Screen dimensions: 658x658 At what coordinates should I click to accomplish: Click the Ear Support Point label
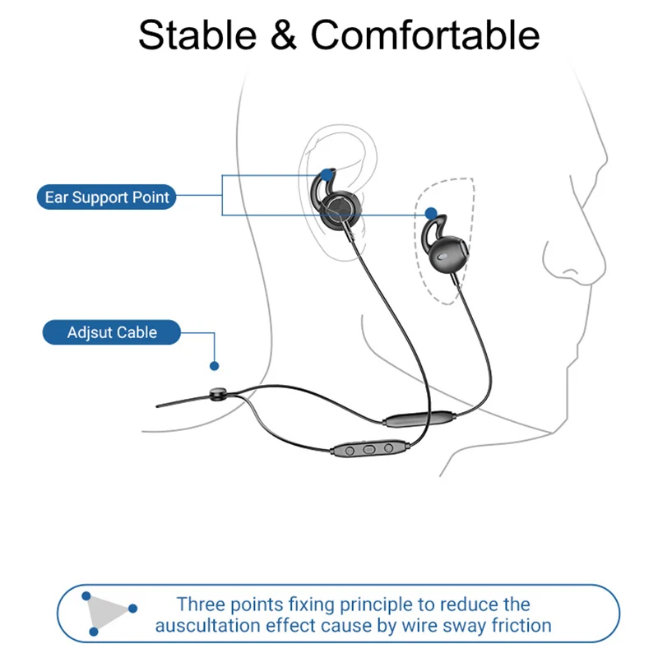point(107,197)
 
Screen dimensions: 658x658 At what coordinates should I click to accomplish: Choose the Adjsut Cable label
point(112,333)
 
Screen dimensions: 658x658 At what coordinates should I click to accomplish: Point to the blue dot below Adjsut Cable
point(215,364)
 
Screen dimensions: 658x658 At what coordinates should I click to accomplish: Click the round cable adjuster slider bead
point(216,395)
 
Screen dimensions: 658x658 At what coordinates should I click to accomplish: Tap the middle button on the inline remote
point(368,449)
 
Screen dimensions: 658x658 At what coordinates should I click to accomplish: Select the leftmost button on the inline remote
point(350,450)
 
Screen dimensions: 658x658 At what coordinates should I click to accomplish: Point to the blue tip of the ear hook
point(329,174)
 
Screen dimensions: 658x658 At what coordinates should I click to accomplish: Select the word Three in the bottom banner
point(200,605)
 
